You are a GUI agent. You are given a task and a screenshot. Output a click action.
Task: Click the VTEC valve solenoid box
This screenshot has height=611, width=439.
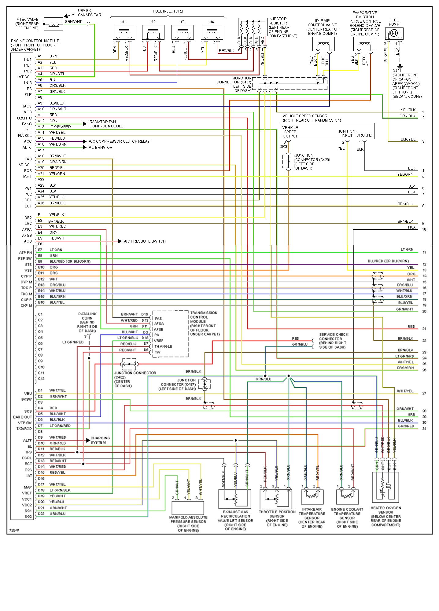[x=53, y=24]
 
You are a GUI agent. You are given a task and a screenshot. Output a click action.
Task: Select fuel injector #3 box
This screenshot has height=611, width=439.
[x=183, y=32]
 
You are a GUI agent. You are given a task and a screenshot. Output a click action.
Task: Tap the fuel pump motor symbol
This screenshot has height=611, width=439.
[x=394, y=33]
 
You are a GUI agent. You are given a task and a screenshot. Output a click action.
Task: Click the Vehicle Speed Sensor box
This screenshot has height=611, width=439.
[x=327, y=131]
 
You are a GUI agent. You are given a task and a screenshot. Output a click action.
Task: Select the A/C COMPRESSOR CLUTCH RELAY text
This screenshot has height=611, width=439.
[x=119, y=141]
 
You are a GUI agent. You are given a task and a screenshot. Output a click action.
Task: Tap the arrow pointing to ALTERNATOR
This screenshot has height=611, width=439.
[x=85, y=148]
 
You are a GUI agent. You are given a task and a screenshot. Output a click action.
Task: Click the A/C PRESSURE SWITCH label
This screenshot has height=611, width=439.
[x=145, y=241]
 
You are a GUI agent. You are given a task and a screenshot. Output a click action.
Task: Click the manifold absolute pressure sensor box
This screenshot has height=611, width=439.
[x=188, y=508]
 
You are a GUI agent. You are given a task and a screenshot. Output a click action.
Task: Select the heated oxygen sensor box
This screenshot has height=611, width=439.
[x=385, y=487]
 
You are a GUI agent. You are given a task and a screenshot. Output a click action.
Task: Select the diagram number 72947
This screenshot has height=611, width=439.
[x=14, y=530]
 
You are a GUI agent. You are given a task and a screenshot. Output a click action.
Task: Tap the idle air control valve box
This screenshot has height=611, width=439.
[x=323, y=44]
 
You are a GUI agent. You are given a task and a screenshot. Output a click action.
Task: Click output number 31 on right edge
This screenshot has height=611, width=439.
[x=424, y=429]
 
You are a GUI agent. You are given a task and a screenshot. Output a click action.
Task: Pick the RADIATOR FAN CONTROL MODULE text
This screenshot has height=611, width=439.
[x=106, y=124]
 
